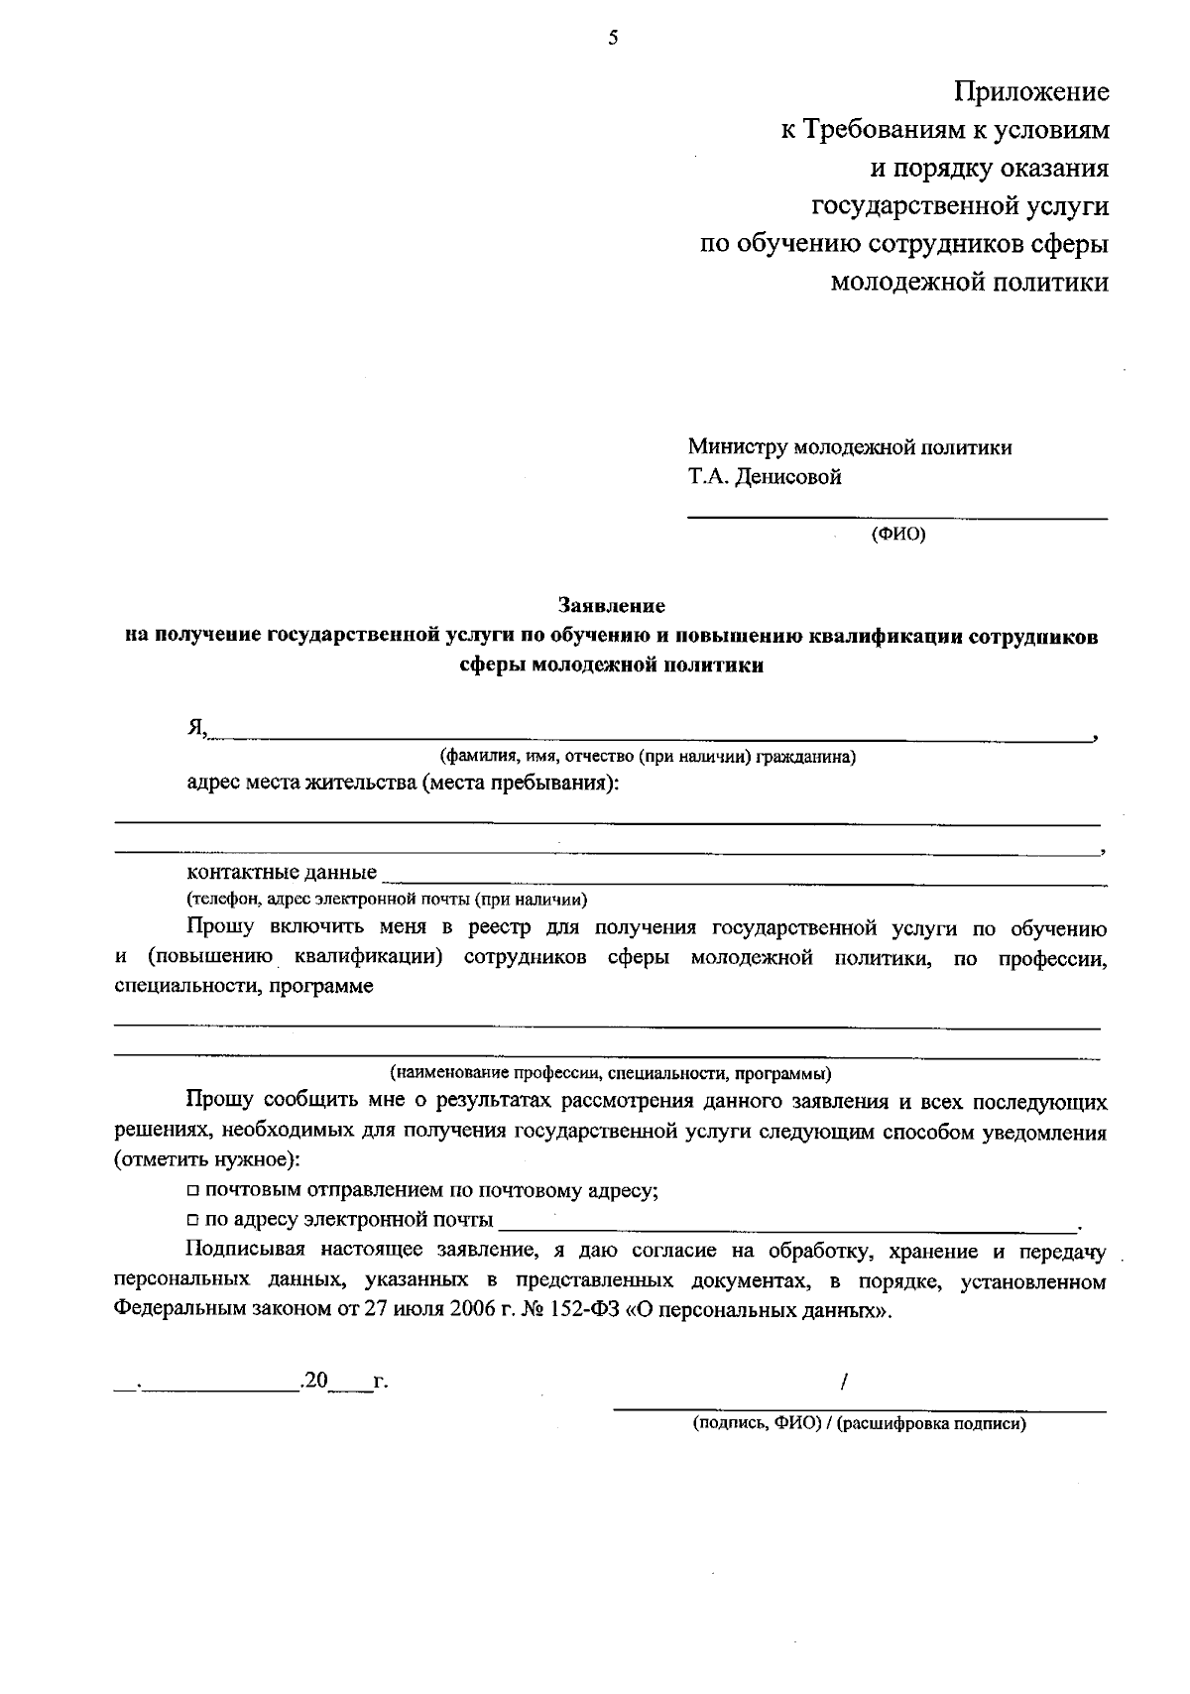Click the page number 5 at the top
click(612, 39)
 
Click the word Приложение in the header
click(1031, 92)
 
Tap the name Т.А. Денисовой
click(766, 477)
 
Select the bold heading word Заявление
click(612, 604)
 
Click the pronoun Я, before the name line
click(196, 729)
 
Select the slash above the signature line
click(843, 1381)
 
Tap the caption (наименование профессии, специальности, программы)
click(610, 1073)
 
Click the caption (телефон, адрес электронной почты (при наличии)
click(388, 900)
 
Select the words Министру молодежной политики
click(850, 447)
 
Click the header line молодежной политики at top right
click(969, 283)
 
